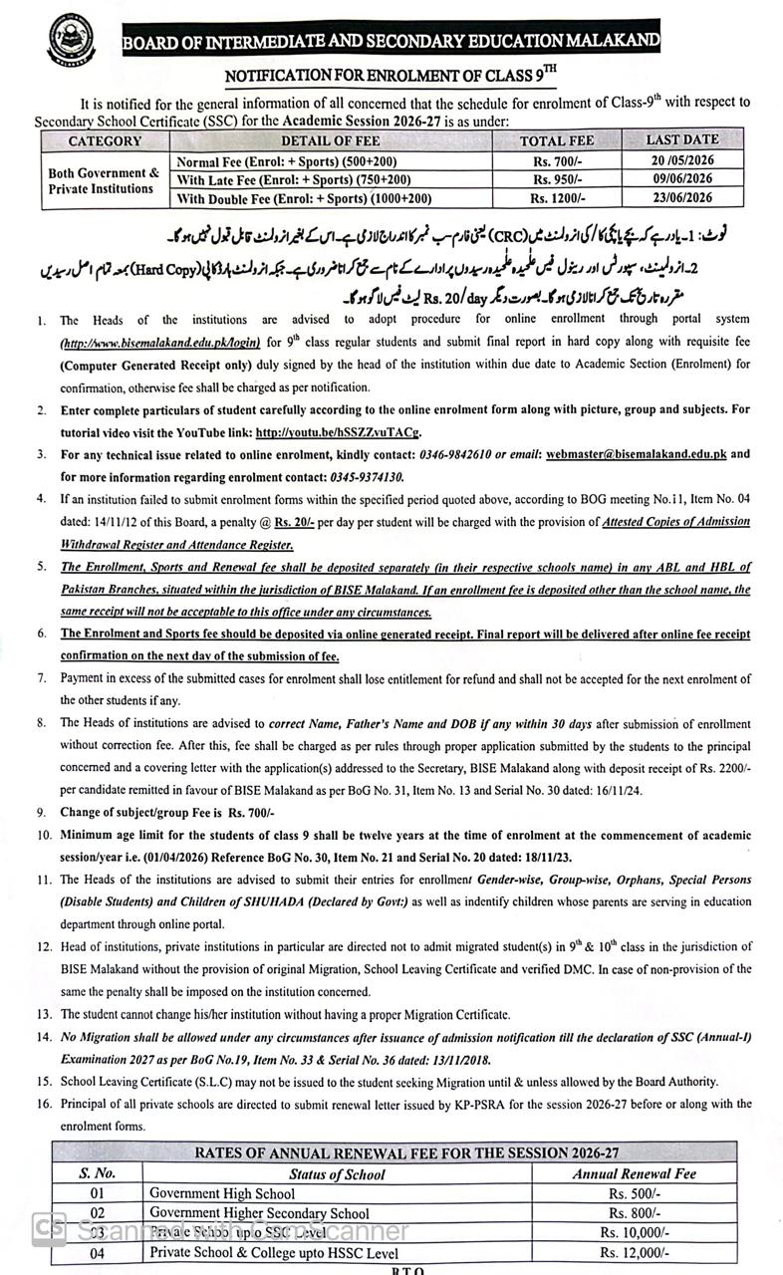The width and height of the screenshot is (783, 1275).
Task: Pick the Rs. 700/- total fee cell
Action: (557, 160)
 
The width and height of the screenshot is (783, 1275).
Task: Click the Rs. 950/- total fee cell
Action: (557, 180)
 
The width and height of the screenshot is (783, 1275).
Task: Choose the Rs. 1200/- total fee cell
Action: (557, 198)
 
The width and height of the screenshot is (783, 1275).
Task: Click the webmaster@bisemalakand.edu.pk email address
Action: (639, 454)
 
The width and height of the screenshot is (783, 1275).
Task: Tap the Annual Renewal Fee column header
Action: (634, 1173)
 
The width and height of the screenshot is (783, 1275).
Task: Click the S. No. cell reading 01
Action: (98, 1193)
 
